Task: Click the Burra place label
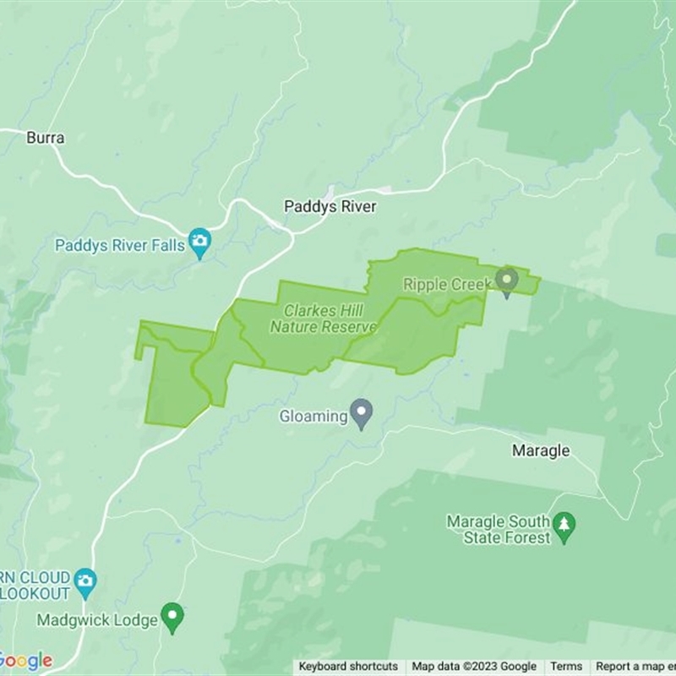46,137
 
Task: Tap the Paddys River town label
330,207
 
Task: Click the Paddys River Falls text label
120,246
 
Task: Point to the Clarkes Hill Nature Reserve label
323,319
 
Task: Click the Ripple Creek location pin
506,279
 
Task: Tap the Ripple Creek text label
447,285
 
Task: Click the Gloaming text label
313,416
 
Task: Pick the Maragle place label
541,450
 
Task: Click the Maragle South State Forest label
499,530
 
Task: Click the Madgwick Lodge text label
97,621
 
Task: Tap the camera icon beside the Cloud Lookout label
84,580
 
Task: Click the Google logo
25,661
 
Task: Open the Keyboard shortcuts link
348,667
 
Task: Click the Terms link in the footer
566,667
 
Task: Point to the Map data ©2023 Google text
474,667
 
